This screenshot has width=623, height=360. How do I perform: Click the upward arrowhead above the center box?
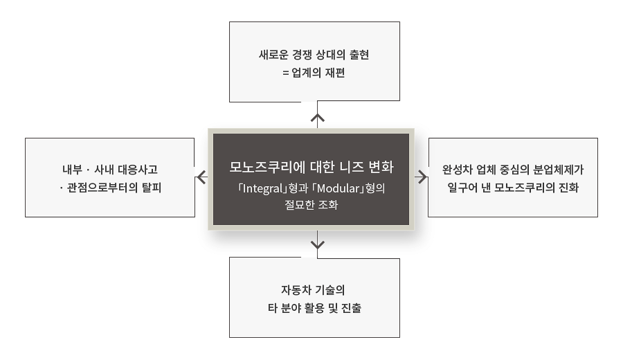pyautogui.click(x=318, y=118)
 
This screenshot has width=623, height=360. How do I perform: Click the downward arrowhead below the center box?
pyautogui.click(x=318, y=244)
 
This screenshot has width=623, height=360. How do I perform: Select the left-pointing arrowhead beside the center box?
pyautogui.click(x=201, y=177)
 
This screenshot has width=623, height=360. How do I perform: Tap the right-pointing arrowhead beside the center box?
pyautogui.click(x=422, y=177)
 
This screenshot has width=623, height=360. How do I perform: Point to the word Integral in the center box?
pyautogui.click(x=262, y=188)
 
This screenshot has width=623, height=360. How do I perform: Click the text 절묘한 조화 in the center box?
pyautogui.click(x=311, y=205)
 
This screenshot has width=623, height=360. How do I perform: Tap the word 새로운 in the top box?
pyautogui.click(x=273, y=55)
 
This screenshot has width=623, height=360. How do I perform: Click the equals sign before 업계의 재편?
pyautogui.click(x=286, y=73)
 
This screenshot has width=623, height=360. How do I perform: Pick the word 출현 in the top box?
pyautogui.click(x=359, y=55)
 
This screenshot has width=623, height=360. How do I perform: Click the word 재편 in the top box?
pyautogui.click(x=334, y=73)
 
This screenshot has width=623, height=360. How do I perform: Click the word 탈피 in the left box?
pyautogui.click(x=152, y=188)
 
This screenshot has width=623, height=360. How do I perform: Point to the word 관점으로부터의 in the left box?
pyautogui.click(x=102, y=188)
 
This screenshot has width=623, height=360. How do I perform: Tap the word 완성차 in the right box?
pyautogui.click(x=457, y=170)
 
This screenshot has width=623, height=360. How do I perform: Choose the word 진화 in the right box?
pyautogui.click(x=568, y=188)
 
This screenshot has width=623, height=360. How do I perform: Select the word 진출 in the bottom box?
pyautogui.click(x=351, y=308)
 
